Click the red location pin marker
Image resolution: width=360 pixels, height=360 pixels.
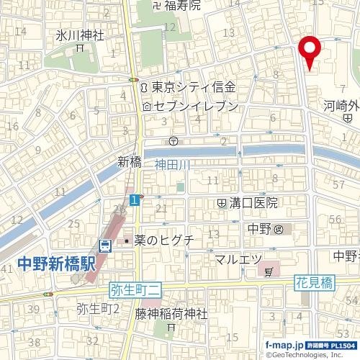(x=310, y=50)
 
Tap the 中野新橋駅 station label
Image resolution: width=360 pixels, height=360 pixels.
(x=55, y=263)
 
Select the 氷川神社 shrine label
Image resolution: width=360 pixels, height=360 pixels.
(x=80, y=35)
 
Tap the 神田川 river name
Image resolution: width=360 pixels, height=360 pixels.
(x=172, y=166)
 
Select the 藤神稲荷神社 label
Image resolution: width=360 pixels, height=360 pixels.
(x=171, y=314)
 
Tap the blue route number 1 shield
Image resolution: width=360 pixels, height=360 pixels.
(x=135, y=199)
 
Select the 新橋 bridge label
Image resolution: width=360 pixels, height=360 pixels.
(x=127, y=161)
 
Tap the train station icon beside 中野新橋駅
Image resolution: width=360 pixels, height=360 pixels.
(x=105, y=246)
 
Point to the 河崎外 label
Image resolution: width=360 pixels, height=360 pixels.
(x=341, y=104)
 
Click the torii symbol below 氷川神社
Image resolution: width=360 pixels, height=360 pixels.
(x=81, y=48)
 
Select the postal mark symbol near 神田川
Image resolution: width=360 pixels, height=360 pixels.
(x=174, y=140)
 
